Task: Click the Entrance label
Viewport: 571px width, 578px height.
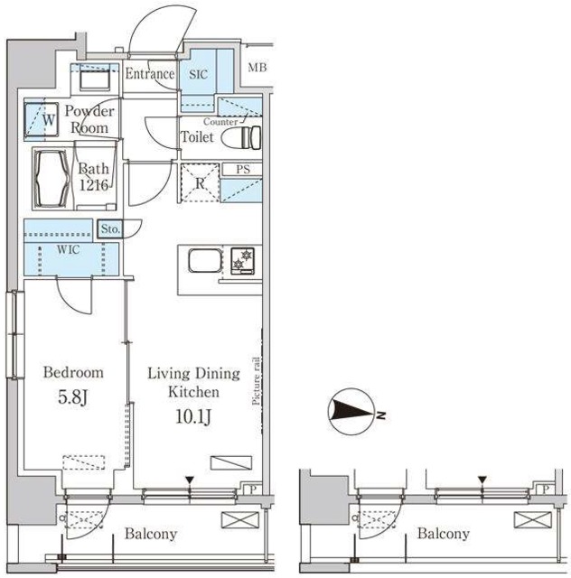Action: (149, 75)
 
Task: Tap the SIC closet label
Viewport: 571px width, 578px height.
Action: (198, 76)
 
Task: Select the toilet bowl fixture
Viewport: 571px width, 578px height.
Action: (245, 137)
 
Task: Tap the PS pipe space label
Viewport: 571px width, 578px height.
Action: (242, 169)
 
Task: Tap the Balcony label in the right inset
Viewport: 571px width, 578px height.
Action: (443, 534)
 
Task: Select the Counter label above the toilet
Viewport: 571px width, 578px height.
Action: (220, 121)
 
